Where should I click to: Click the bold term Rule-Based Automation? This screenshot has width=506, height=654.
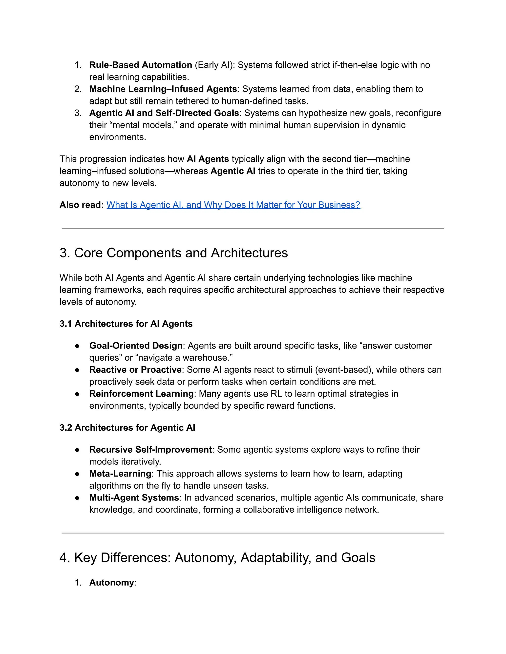point(141,65)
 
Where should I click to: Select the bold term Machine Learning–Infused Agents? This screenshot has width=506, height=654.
point(163,89)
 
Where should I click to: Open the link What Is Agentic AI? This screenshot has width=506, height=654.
point(233,205)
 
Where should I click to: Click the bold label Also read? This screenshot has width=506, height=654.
point(82,205)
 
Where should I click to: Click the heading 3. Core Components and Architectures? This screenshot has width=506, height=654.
point(173,253)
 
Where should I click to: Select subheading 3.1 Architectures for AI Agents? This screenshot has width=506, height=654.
point(126,324)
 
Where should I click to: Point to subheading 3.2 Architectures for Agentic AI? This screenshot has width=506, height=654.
point(127,428)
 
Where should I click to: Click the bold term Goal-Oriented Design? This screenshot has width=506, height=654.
point(136,346)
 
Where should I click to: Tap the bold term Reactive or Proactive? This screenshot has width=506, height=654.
point(135,369)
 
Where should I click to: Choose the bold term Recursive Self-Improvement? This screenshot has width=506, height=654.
point(150,449)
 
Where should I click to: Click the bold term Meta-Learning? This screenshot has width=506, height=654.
point(120,473)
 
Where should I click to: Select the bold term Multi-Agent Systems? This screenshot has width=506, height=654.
point(134,497)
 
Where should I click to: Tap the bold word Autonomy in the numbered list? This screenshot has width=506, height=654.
point(111,582)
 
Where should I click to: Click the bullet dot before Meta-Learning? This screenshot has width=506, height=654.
point(77,474)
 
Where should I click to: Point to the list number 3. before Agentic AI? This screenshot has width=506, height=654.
point(78,113)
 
